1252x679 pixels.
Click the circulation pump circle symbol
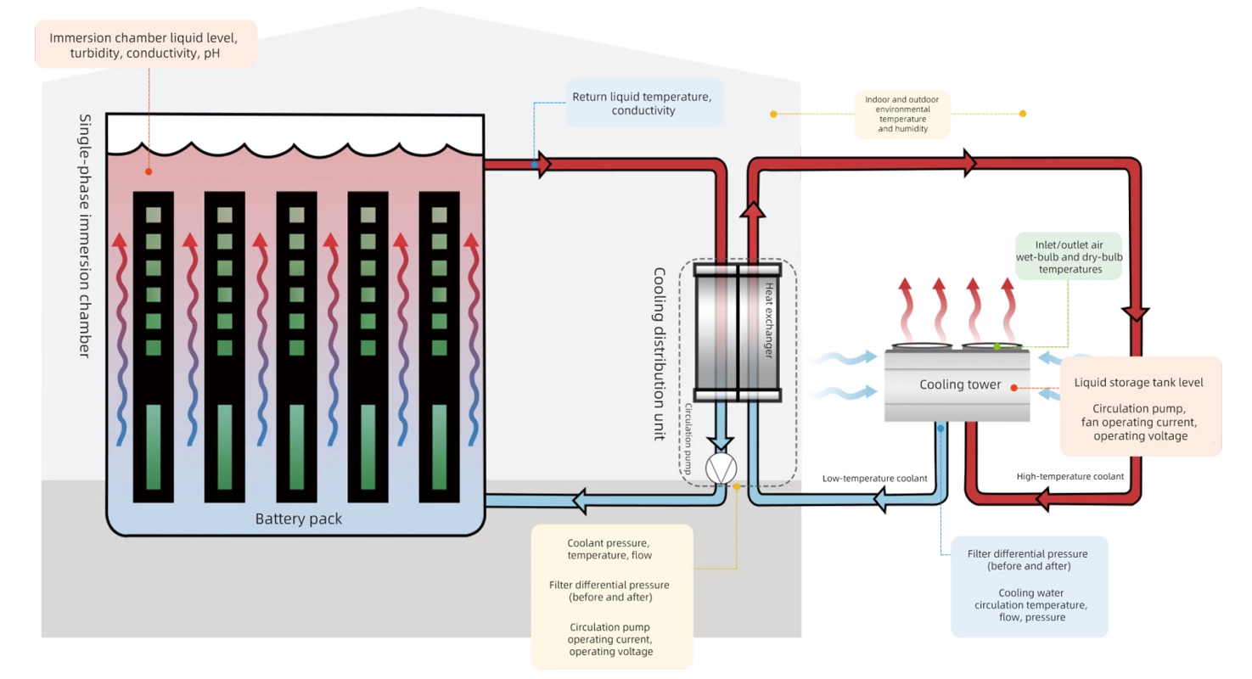[721, 469]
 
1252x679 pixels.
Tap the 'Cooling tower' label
[960, 384]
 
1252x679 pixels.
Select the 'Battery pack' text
[299, 519]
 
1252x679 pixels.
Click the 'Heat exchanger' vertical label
[769, 321]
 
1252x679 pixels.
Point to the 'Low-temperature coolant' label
[874, 478]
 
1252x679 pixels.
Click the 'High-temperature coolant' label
[1070, 476]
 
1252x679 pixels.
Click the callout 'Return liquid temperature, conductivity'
[644, 103]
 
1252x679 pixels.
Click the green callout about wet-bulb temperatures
[1069, 256]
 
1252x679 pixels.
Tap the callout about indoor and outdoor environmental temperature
[902, 114]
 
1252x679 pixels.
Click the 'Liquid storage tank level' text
[1139, 382]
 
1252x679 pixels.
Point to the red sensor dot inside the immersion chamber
[149, 171]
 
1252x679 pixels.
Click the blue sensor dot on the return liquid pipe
[534, 164]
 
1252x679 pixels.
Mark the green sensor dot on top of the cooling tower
[997, 346]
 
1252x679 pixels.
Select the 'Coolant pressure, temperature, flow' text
[611, 549]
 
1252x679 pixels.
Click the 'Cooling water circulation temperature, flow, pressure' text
[1029, 604]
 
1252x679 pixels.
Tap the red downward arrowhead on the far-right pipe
[1137, 313]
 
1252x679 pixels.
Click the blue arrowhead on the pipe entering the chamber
[584, 502]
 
